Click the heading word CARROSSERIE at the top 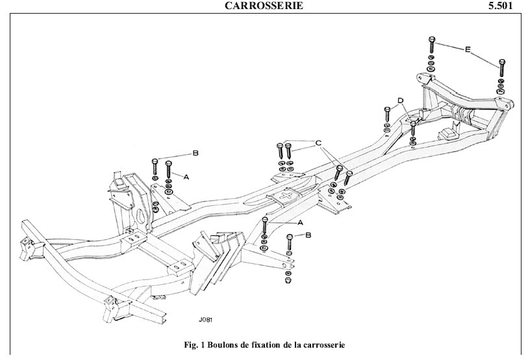click(263, 6)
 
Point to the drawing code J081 click(207, 320)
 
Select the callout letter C click(319, 142)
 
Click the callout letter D click(401, 101)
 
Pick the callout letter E click(468, 48)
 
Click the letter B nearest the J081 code click(308, 234)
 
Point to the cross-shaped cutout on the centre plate click(288, 196)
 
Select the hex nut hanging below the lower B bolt click(287, 280)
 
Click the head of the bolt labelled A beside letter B click(168, 163)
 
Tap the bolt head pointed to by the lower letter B click(290, 237)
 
